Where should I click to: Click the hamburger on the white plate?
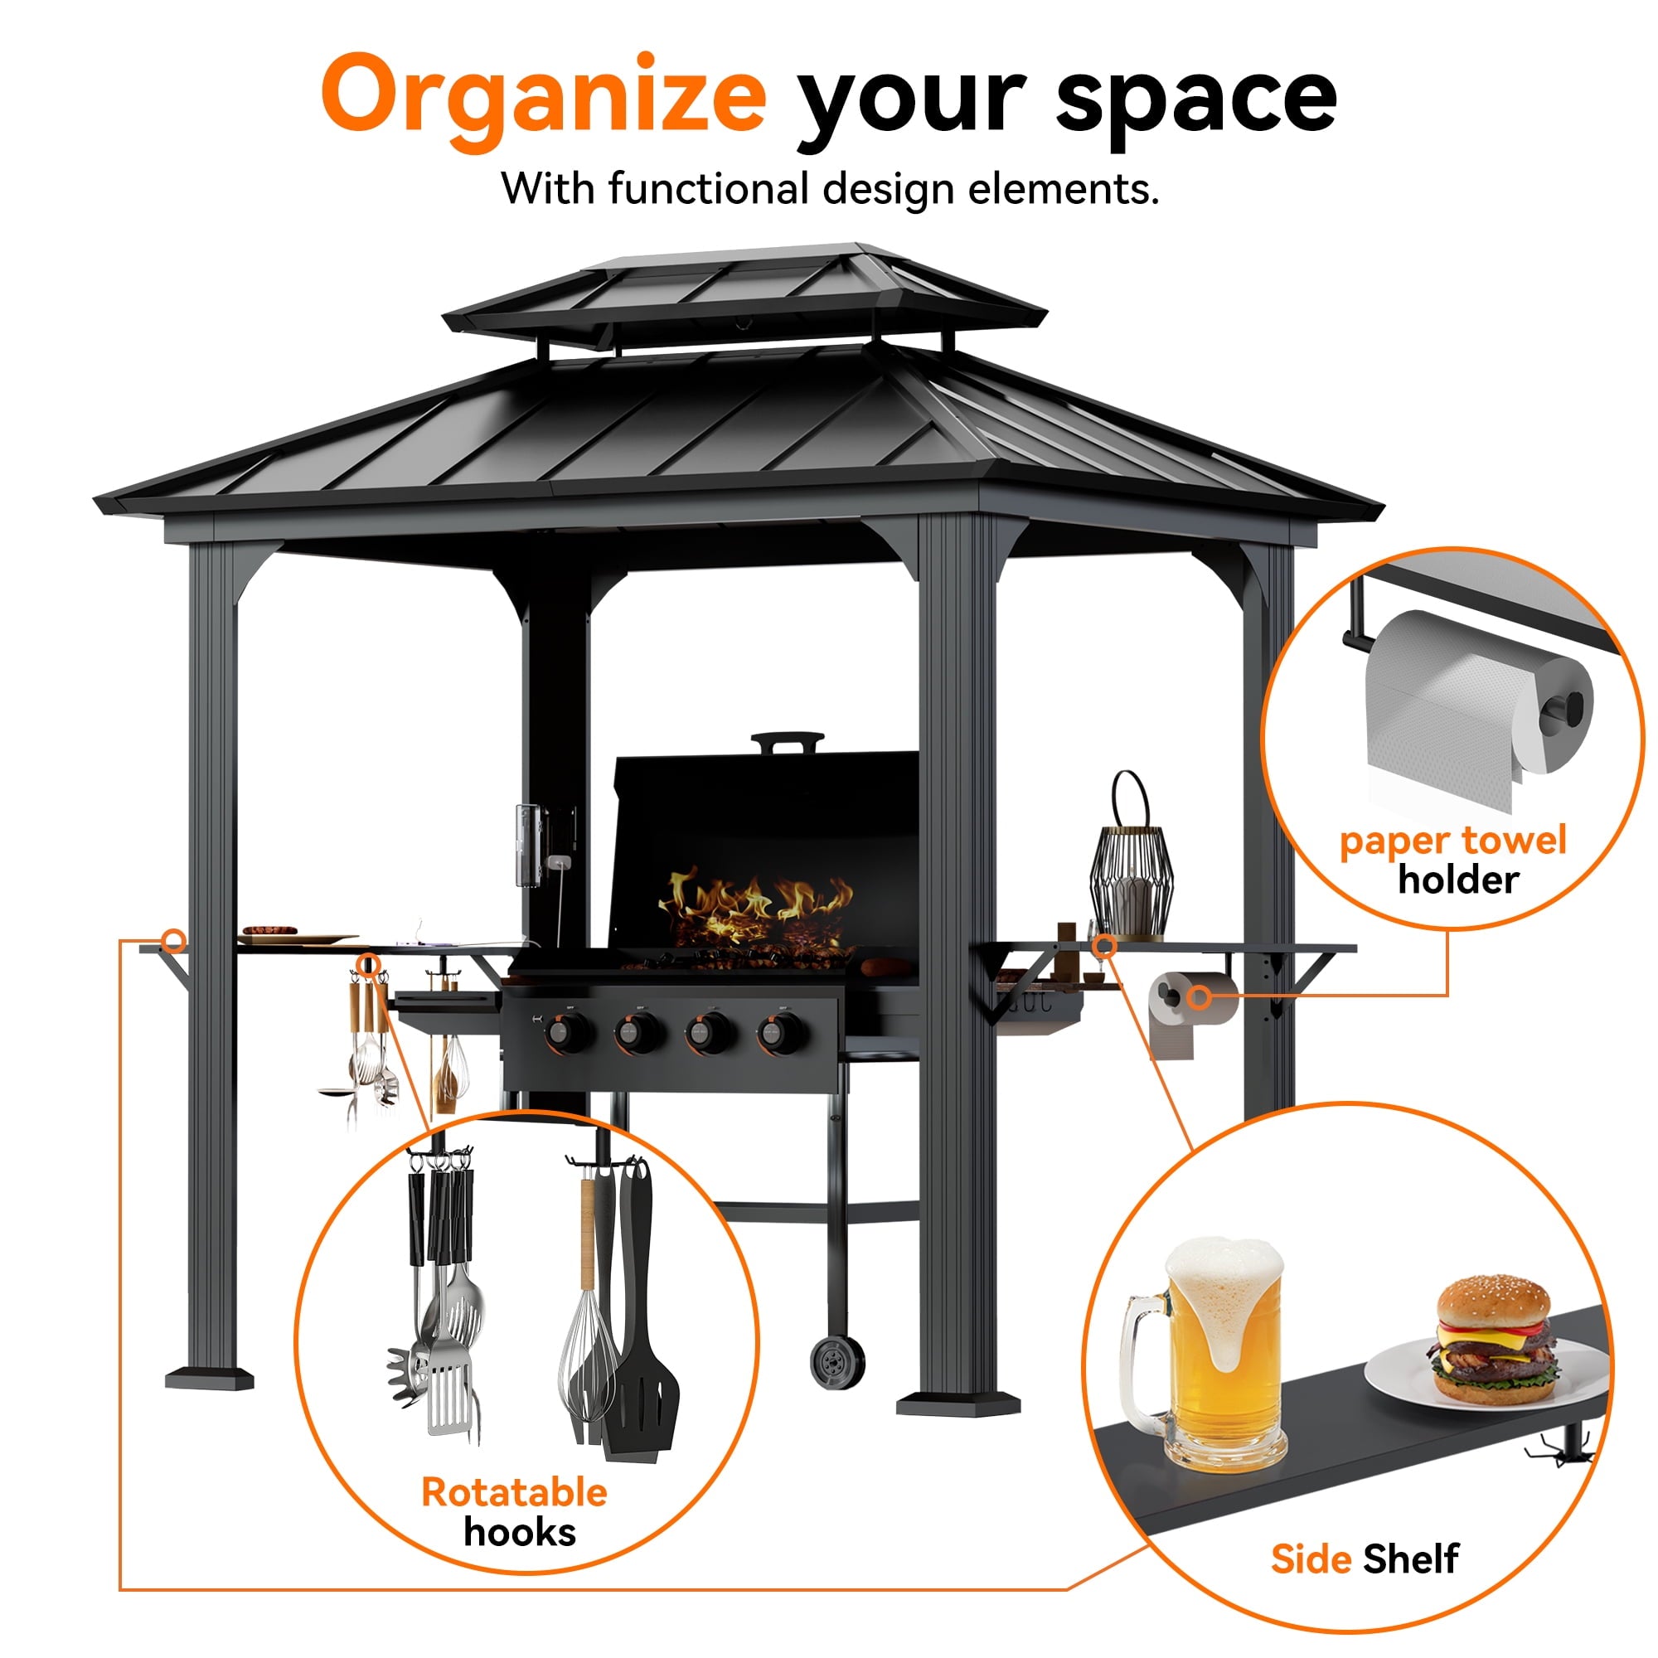(1493, 1343)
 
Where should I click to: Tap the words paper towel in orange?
(1453, 840)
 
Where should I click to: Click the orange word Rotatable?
(514, 1492)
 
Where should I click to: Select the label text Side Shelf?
(1365, 1559)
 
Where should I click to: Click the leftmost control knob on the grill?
(567, 1030)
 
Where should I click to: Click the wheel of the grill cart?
(836, 1360)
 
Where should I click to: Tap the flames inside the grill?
(755, 908)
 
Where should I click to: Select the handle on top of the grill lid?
(787, 741)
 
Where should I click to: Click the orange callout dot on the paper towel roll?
(1200, 997)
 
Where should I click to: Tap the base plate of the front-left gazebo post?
(210, 1379)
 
